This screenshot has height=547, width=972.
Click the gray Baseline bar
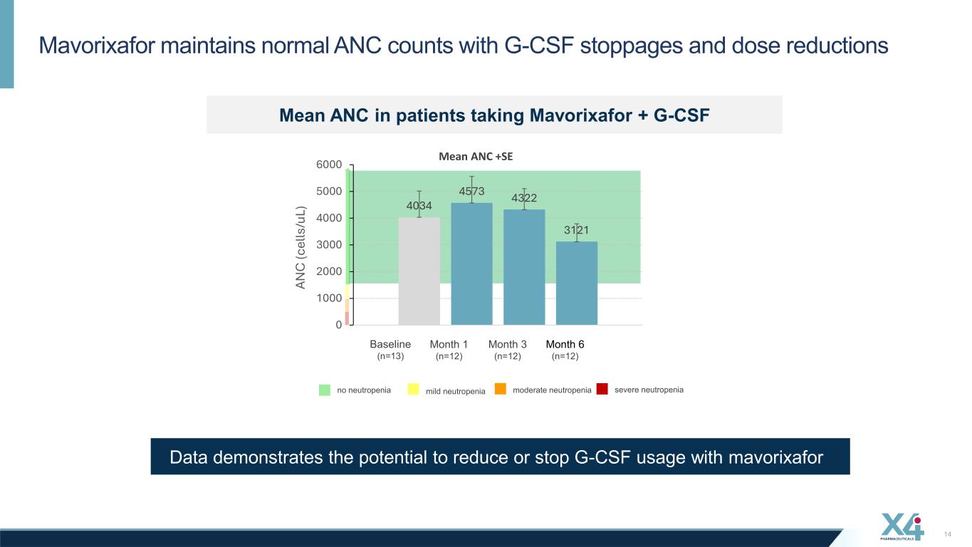419,271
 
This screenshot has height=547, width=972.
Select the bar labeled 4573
471,264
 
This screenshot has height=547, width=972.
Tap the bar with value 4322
524,267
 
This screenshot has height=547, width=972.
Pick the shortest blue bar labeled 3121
577,283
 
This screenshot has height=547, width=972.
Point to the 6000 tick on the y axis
329,165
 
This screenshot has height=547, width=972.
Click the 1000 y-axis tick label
329,298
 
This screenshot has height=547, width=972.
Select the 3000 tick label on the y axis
329,245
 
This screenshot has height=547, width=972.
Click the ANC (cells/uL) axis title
301,247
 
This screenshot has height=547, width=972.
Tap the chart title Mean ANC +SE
476,156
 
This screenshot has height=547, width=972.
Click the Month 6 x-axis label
565,344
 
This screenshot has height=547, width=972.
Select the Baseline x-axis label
390,344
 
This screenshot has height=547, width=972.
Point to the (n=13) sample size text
390,356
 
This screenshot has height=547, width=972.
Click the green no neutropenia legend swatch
325,390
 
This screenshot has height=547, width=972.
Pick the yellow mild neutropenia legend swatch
413,389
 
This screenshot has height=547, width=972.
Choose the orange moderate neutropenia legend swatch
501,389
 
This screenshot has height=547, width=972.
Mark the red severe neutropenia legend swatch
602,389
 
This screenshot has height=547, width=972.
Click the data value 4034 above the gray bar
419,206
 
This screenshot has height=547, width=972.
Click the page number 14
948,534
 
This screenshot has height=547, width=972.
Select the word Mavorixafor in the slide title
97,45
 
